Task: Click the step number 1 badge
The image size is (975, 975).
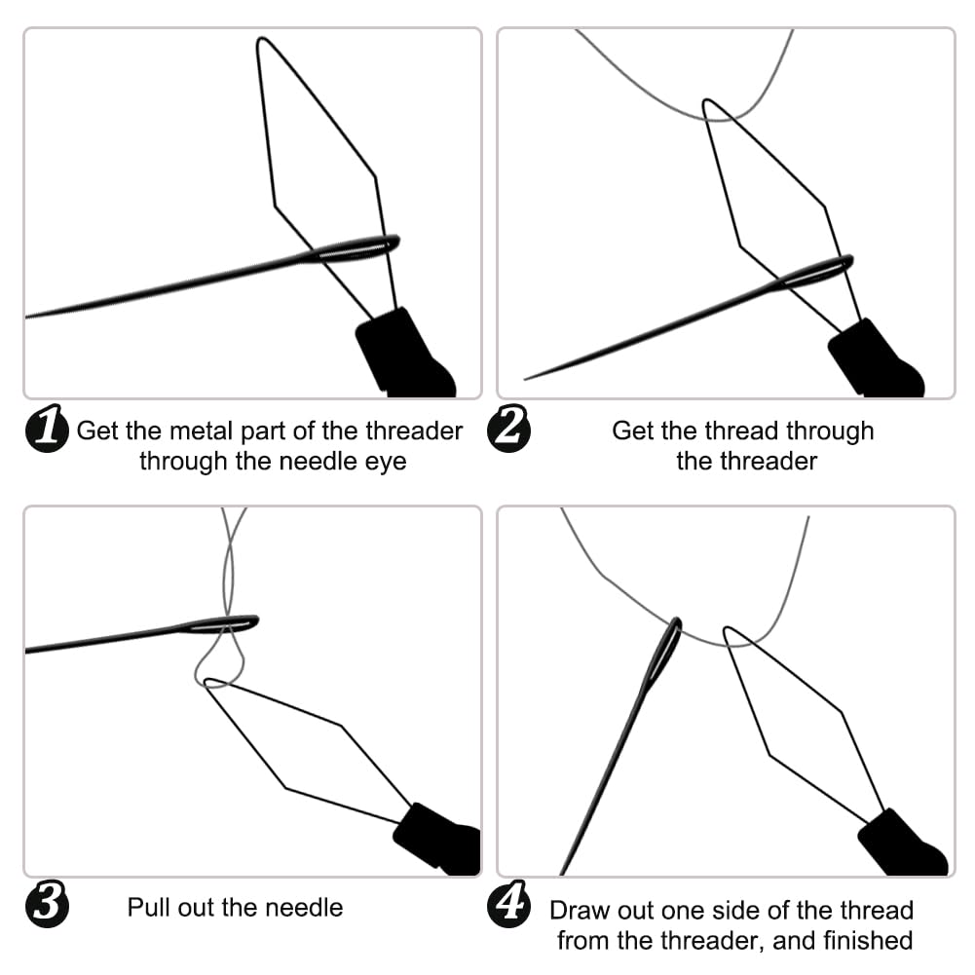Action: pyautogui.click(x=46, y=431)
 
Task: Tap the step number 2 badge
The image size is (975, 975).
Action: pyautogui.click(x=507, y=431)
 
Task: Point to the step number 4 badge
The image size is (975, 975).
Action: pyautogui.click(x=507, y=907)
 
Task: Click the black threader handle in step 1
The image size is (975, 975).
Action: pyautogui.click(x=402, y=354)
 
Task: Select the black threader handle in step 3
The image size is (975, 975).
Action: pyautogui.click(x=438, y=839)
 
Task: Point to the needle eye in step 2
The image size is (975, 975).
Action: pyautogui.click(x=823, y=271)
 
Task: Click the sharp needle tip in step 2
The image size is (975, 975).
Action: pyautogui.click(x=527, y=378)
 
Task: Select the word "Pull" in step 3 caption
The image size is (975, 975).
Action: pyautogui.click(x=148, y=908)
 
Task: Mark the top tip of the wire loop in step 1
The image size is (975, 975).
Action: pyautogui.click(x=261, y=41)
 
